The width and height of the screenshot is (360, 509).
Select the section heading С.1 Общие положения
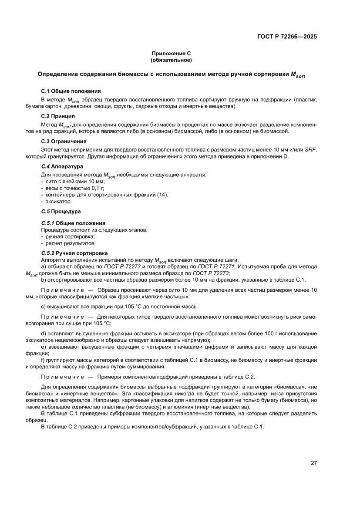71,91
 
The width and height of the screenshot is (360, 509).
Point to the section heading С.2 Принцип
58,116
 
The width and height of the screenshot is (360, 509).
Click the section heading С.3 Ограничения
64,141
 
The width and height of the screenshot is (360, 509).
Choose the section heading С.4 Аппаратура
62,166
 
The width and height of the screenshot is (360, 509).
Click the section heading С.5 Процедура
61,212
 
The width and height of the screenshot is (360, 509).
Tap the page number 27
313,463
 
